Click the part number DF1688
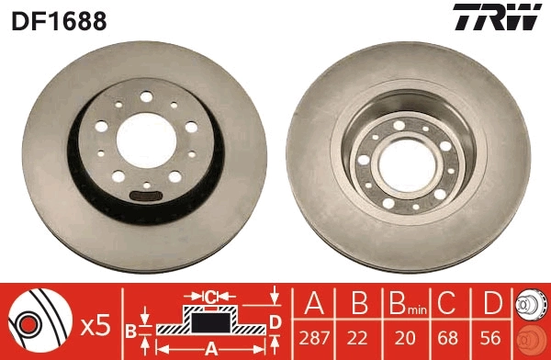point(59,21)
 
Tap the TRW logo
point(497,17)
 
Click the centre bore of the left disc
point(146,141)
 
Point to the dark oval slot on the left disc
point(146,196)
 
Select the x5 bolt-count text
point(96,326)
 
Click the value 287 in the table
point(314,338)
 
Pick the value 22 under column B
point(358,338)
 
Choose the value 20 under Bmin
point(405,338)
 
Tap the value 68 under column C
point(448,338)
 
